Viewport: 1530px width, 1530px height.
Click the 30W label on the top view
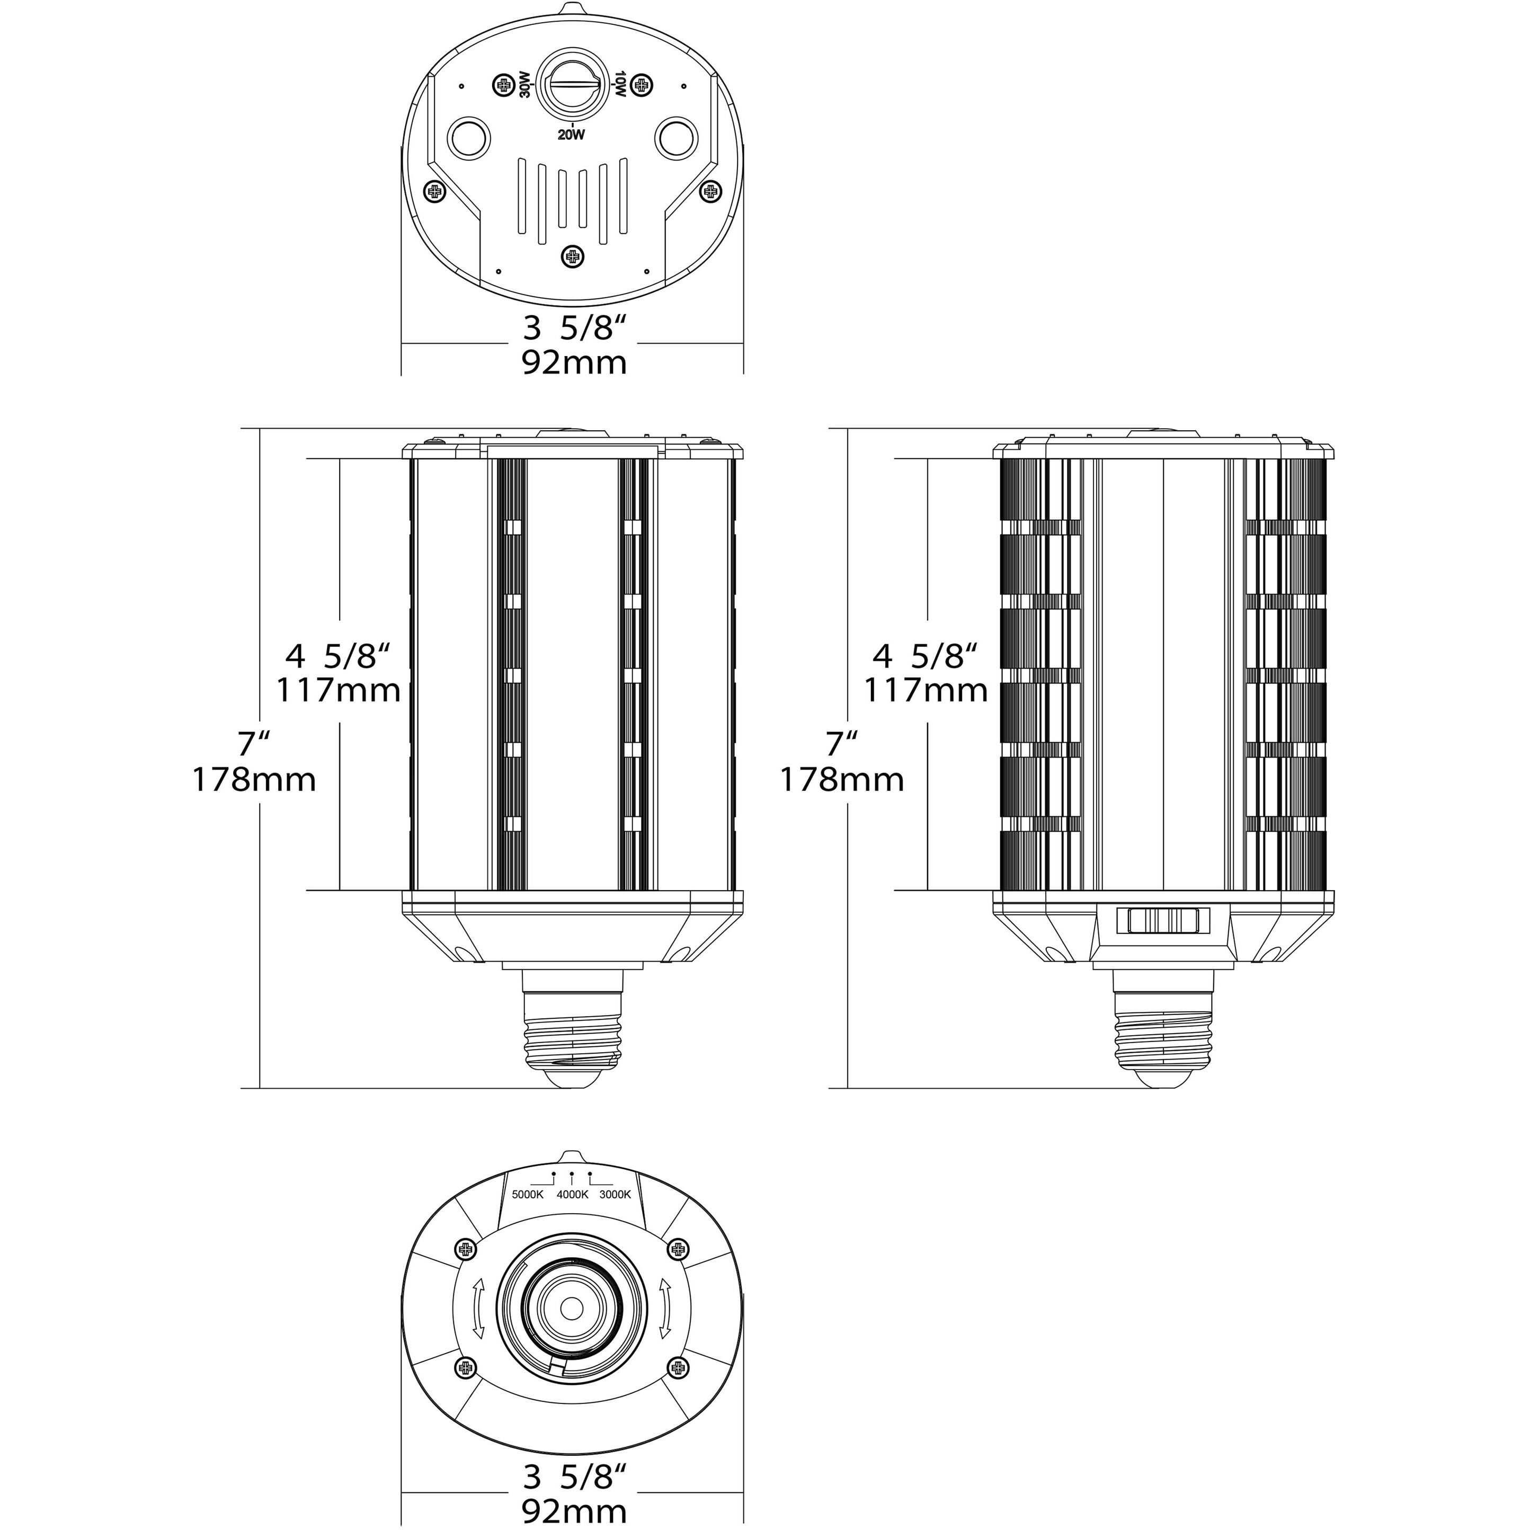[x=524, y=85]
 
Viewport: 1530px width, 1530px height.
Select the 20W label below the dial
[x=571, y=135]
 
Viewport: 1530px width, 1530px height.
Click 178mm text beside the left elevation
[x=254, y=779]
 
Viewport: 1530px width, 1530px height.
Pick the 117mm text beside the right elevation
[x=925, y=690]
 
